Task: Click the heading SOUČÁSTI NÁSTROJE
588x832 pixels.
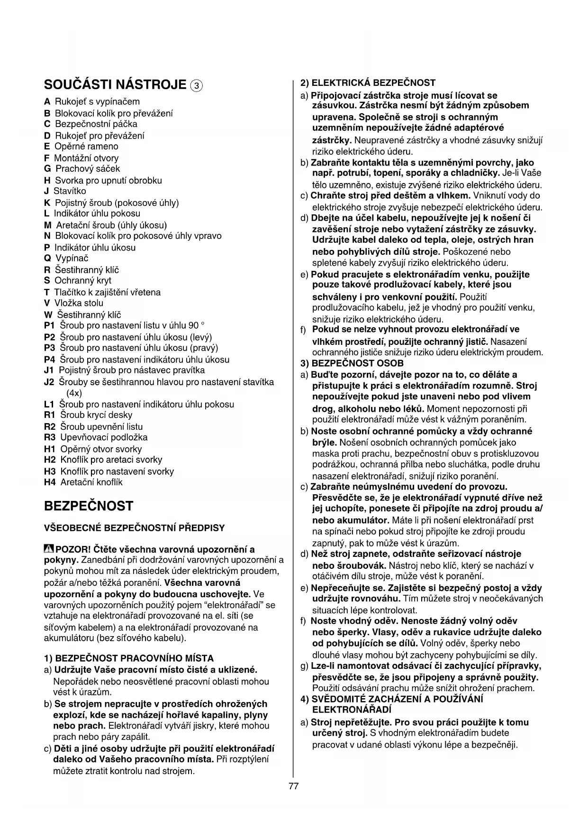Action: pos(115,85)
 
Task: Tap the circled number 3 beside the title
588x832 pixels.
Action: pos(196,86)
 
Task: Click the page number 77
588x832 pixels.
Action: pos(293,786)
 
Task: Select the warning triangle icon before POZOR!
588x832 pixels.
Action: pos(49,549)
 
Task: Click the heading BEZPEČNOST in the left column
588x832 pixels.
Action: pos(89,506)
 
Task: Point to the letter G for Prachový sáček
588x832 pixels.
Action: pos(47,169)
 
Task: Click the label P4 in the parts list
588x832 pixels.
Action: pos(50,360)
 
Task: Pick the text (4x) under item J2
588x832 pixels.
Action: pos(74,393)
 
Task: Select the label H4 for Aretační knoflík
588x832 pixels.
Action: pos(50,482)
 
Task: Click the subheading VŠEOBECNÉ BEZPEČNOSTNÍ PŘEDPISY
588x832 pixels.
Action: pos(134,528)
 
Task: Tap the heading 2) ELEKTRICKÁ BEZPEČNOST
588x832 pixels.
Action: pos(368,83)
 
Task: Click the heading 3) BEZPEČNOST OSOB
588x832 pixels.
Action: pos(352,363)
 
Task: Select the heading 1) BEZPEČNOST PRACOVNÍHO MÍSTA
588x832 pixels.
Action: pos(129,658)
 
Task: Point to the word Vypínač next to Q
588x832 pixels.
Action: pos(72,259)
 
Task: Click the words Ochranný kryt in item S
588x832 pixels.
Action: pos(83,281)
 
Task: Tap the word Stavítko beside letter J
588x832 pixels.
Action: pos(70,191)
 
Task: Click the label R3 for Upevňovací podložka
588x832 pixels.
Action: pos(50,437)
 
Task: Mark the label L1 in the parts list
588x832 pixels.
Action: pos(49,405)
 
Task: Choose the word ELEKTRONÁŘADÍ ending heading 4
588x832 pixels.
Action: pos(352,710)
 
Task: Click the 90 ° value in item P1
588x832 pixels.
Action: pos(196,326)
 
